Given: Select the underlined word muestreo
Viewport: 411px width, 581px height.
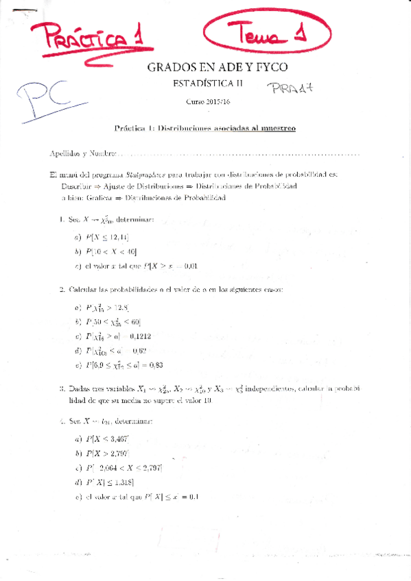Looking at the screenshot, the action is click(x=274, y=128).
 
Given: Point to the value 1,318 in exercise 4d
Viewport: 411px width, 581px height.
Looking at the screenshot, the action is click(x=120, y=482).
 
